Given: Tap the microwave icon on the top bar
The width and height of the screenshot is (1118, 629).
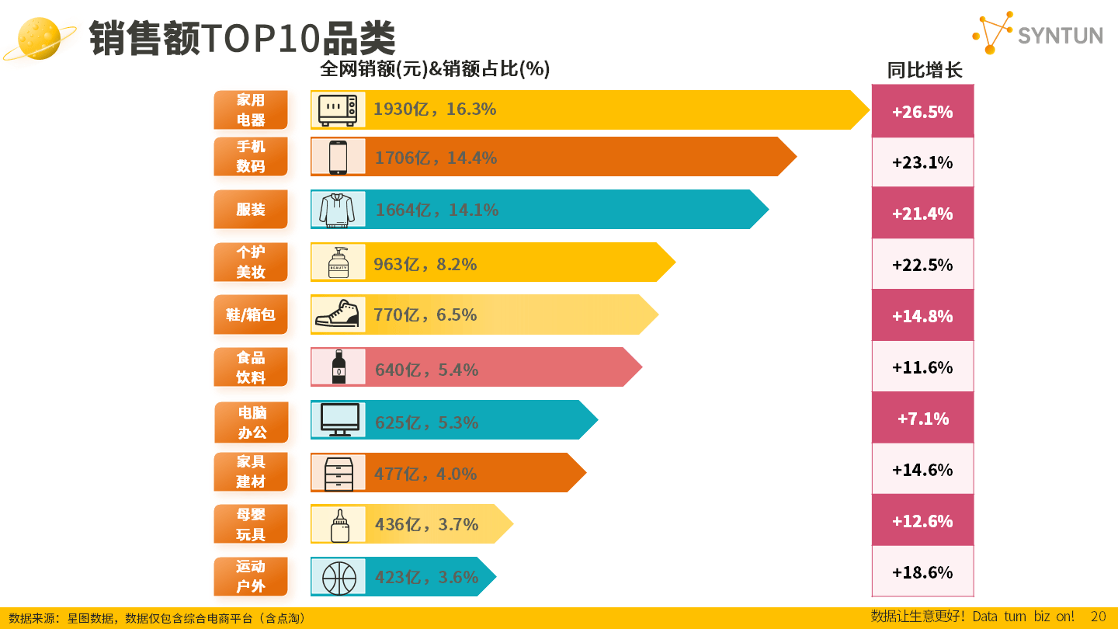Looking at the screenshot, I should point(338,109).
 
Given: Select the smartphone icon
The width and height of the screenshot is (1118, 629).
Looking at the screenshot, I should point(338,157).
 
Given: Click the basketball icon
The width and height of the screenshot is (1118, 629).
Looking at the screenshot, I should point(339,578).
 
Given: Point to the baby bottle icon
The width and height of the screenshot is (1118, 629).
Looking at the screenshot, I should point(339,526).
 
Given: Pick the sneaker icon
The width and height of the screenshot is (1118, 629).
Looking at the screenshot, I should point(338,314).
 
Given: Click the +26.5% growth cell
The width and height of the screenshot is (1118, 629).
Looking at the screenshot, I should point(922,112).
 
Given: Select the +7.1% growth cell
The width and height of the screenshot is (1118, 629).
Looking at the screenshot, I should point(922,419).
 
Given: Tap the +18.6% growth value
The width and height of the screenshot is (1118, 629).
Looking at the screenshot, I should point(922,572).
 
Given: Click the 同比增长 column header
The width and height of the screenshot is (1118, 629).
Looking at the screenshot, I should point(925,71).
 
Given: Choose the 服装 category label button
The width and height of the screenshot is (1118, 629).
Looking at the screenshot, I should point(251,210).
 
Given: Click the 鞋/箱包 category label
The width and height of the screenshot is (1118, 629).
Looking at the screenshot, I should point(251,314).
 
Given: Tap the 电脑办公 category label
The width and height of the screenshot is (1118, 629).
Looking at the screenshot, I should point(252,422).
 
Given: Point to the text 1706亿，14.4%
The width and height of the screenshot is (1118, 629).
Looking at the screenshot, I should point(436,158).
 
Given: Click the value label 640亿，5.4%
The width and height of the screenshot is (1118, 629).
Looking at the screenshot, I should point(426,370).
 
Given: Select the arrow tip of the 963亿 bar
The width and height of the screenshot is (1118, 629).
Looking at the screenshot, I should point(669,262).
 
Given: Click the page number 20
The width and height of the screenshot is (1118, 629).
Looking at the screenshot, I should point(1098,617).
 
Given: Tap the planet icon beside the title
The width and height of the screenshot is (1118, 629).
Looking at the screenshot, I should point(40,38).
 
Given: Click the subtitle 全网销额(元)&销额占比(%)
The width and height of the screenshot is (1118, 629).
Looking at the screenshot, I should point(435,69).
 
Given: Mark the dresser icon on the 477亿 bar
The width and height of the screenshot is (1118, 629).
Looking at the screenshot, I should point(339,473).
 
